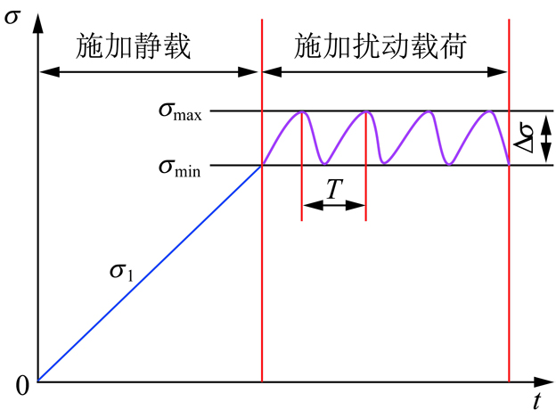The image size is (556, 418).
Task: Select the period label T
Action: click(x=334, y=188)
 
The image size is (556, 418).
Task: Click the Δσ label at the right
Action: click(x=526, y=139)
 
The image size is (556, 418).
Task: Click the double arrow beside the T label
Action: click(x=334, y=206)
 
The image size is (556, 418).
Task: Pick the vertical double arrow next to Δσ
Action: click(x=545, y=139)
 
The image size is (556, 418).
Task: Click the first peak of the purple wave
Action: click(x=303, y=111)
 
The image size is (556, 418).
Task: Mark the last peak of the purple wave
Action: click(x=489, y=111)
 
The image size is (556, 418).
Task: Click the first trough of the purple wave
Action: click(x=324, y=163)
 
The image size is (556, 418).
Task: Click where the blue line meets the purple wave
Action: click(x=262, y=165)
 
